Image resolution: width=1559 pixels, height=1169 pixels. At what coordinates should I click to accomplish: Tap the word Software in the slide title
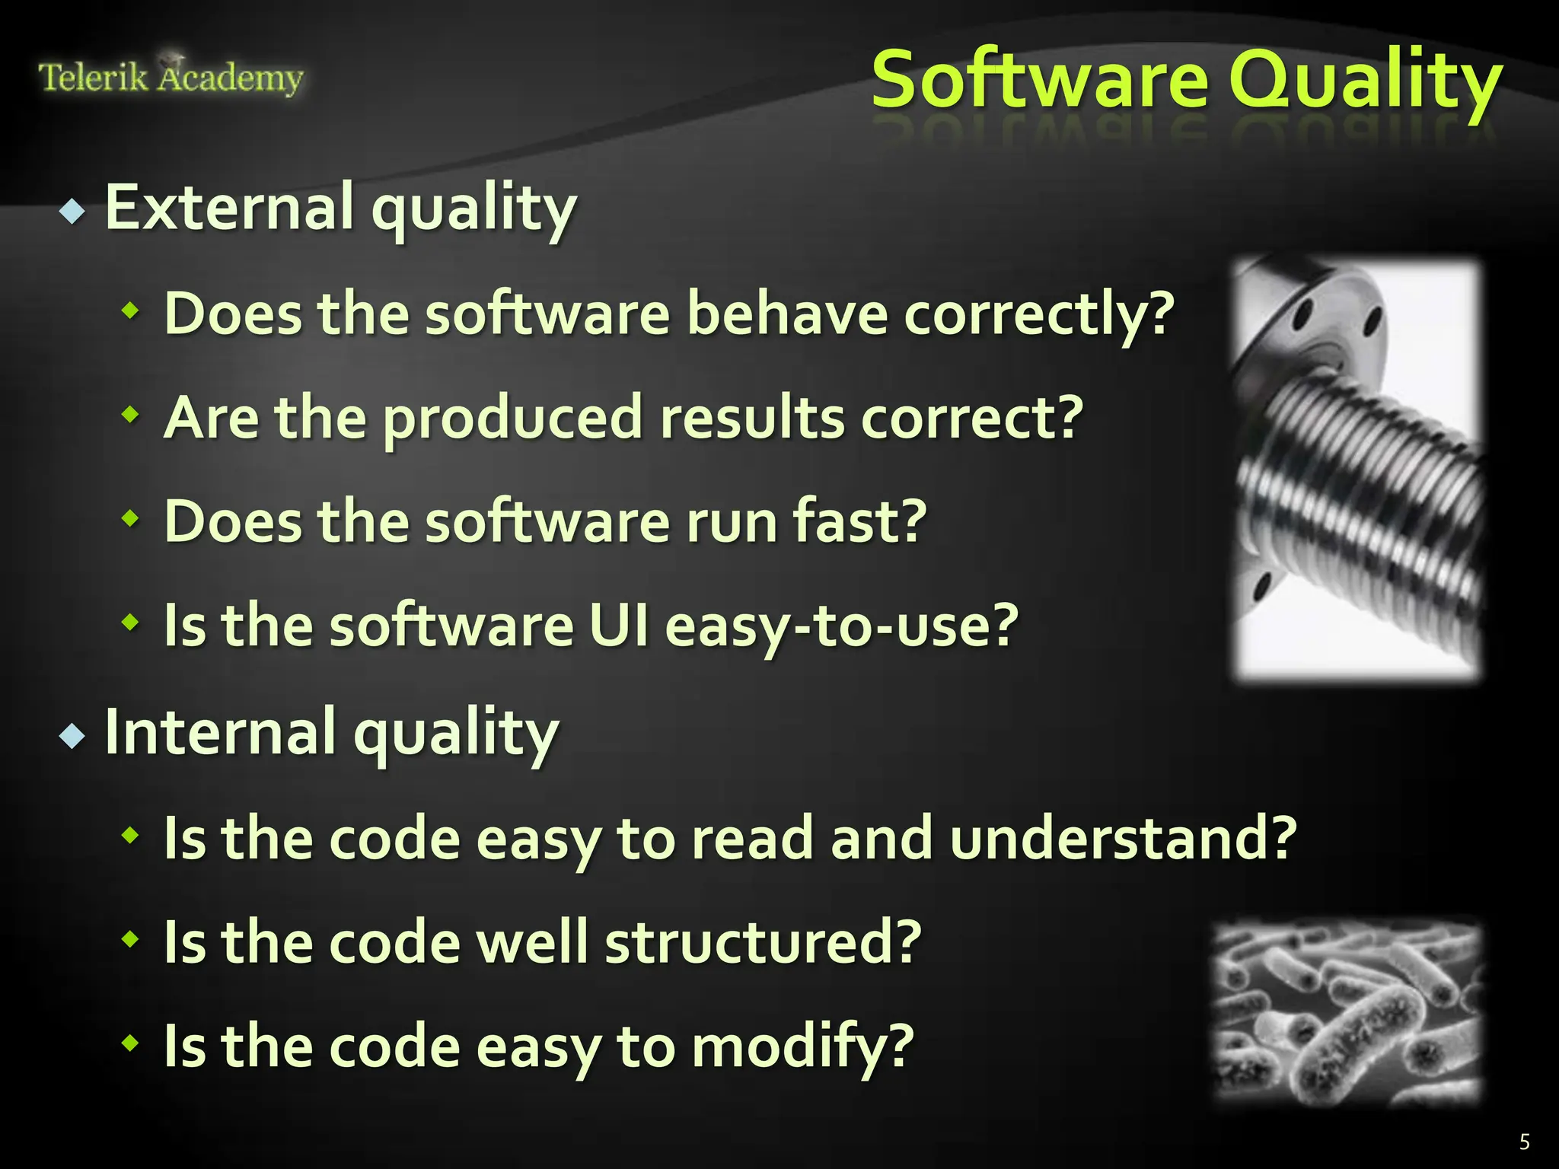[x=1040, y=81]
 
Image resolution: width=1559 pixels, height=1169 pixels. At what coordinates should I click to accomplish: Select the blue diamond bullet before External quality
[x=72, y=211]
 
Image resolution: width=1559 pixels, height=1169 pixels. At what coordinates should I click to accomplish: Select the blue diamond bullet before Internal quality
[x=72, y=736]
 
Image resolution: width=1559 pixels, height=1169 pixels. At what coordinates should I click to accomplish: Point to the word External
[x=229, y=207]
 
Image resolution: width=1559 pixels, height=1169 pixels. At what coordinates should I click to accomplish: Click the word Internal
[x=220, y=732]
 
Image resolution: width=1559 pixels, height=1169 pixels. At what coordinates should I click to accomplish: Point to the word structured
[x=763, y=942]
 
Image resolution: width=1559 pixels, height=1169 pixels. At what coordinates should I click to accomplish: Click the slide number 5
[x=1524, y=1142]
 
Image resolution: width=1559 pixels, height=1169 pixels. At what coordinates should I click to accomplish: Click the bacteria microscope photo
[x=1347, y=1012]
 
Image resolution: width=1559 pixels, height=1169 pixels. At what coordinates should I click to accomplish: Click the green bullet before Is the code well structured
[x=131, y=939]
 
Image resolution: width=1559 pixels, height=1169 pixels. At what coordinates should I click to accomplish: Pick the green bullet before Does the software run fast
[x=131, y=519]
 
